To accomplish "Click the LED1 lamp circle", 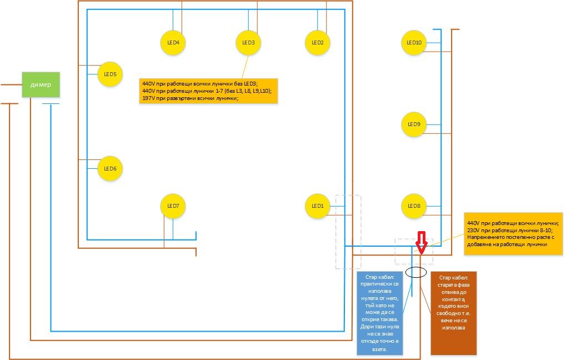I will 317,206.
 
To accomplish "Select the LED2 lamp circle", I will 318,42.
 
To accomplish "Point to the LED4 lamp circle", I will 173,42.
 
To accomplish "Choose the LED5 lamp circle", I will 109,74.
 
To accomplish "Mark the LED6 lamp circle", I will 109,168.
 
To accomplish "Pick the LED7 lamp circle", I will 173,206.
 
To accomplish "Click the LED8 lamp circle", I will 413,206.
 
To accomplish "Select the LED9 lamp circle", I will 413,124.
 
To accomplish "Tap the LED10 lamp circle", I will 413,42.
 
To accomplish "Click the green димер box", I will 41,85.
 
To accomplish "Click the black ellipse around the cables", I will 416,272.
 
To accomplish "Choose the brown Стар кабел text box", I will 453,313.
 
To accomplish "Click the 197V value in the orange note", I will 150,98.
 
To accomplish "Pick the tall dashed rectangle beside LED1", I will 348,232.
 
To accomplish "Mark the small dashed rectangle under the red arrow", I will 410,251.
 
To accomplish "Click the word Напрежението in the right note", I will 486,237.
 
